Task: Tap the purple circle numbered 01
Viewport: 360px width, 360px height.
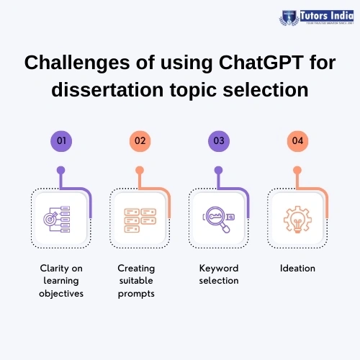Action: pos(61,140)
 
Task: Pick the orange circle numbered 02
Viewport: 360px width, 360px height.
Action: pos(140,140)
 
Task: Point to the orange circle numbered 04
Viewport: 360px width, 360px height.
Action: pos(297,140)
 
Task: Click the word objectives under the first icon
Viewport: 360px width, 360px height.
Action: pos(61,294)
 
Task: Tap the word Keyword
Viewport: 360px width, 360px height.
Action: pos(218,268)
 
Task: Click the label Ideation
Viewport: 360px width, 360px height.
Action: pos(297,268)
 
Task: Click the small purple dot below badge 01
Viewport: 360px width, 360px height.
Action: pos(61,171)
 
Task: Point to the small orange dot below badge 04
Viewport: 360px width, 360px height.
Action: pos(297,171)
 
